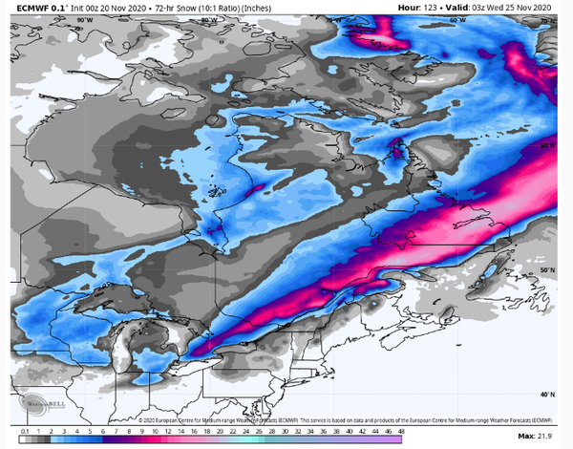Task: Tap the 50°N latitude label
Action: point(546,270)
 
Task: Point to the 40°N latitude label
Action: point(546,394)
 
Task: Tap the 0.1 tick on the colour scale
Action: point(22,437)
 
